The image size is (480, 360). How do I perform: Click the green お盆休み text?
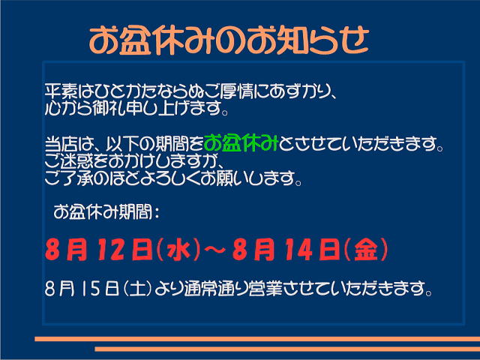[x=241, y=143]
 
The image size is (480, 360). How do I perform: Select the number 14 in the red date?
[x=298, y=250]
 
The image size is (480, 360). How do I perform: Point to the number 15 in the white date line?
[x=91, y=288]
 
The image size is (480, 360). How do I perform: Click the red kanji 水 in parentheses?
[x=178, y=250]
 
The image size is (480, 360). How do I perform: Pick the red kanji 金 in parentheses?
[x=366, y=250]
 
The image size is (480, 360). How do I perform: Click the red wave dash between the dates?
[x=214, y=250]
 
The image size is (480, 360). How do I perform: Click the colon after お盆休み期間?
[x=157, y=212]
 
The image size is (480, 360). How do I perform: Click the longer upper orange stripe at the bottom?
[x=257, y=339]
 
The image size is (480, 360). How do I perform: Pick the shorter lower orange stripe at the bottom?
[x=287, y=349]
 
